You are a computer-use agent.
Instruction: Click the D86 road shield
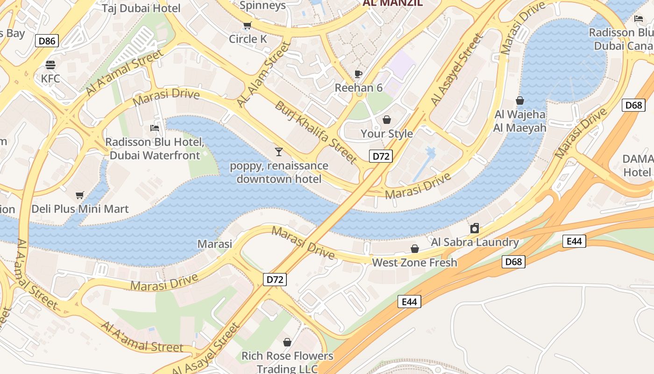click(x=47, y=41)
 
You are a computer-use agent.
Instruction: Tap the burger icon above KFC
click(x=50, y=65)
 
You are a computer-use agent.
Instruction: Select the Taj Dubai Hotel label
click(x=142, y=8)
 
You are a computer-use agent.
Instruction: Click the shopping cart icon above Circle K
click(x=247, y=26)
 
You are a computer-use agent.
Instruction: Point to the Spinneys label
click(x=263, y=6)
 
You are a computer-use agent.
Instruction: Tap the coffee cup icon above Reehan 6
click(x=358, y=74)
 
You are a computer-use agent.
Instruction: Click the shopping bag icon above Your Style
click(x=386, y=120)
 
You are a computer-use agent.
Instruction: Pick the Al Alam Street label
click(x=264, y=74)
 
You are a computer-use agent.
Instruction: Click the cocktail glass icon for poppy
click(x=279, y=151)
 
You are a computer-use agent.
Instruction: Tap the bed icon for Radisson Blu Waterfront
click(x=155, y=128)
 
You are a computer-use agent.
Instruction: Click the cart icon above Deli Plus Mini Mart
click(x=80, y=195)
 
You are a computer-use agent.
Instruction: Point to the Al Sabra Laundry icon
click(x=475, y=228)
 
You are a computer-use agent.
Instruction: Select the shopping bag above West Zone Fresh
click(x=414, y=249)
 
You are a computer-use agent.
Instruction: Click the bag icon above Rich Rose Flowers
click(x=287, y=342)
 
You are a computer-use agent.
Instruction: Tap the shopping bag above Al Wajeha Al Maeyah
click(x=519, y=101)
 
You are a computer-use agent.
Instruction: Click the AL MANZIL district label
click(x=392, y=3)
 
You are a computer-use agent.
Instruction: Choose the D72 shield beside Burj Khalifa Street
click(x=380, y=156)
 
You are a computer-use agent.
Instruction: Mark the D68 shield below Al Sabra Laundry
click(x=514, y=262)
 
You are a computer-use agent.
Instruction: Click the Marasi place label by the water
click(x=215, y=244)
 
